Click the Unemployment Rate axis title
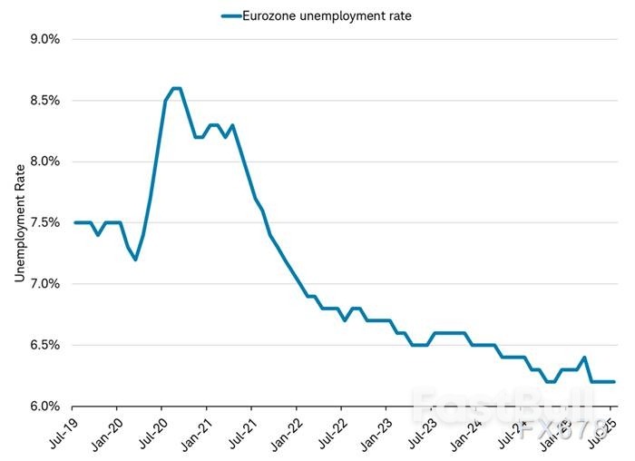(x=19, y=222)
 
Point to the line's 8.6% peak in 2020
(x=177, y=88)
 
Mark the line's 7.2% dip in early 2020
(x=135, y=260)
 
